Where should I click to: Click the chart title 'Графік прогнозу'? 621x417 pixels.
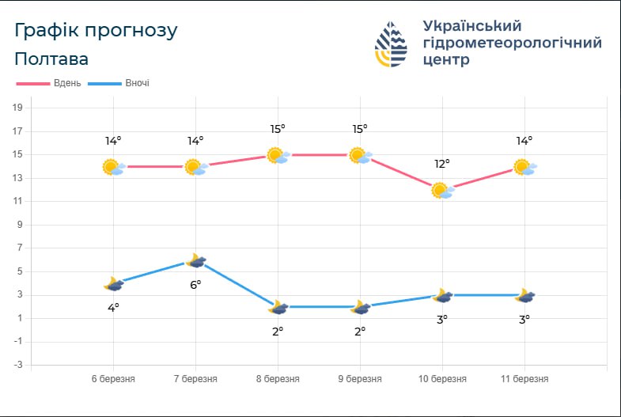[x=96, y=31]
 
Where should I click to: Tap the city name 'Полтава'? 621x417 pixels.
[x=51, y=59]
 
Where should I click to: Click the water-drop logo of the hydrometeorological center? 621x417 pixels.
[x=391, y=44]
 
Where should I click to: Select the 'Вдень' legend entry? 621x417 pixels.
[x=49, y=83]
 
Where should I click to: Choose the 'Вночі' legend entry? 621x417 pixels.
[x=119, y=83]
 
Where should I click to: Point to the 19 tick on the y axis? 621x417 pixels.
[x=17, y=108]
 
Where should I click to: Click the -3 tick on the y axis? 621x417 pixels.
[x=17, y=365]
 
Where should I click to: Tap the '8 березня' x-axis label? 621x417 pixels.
[x=278, y=379]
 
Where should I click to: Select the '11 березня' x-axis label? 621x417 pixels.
[x=524, y=379]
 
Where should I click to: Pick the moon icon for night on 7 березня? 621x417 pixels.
[x=196, y=260]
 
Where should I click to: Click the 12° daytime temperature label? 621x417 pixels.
[x=442, y=164]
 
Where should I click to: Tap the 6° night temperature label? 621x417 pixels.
[x=195, y=284]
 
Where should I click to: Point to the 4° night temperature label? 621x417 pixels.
[x=113, y=307]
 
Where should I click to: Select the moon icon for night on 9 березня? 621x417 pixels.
[x=361, y=307]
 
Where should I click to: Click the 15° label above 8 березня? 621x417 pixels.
[x=278, y=129]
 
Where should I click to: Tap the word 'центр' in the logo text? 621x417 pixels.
[x=446, y=60]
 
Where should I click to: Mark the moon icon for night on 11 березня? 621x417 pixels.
[x=524, y=295]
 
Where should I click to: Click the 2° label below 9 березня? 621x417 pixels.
[x=360, y=331]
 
